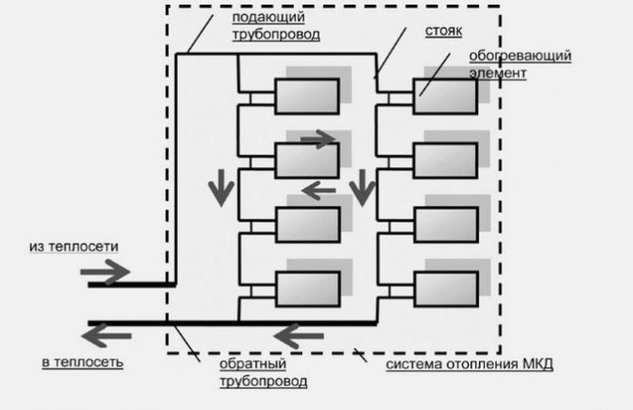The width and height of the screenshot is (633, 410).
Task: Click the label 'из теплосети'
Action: pos(74,246)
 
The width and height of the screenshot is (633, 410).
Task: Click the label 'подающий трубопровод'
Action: pos(275,26)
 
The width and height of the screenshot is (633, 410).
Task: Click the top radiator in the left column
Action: pos(306,96)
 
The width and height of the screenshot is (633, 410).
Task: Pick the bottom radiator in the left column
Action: pos(306,288)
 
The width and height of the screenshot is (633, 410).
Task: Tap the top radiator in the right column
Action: pos(445,96)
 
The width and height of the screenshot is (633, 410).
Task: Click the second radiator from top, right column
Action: pos(445,161)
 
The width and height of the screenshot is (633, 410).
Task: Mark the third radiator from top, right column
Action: pos(445,224)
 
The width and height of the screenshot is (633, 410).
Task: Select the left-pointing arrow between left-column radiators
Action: pos(317,191)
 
